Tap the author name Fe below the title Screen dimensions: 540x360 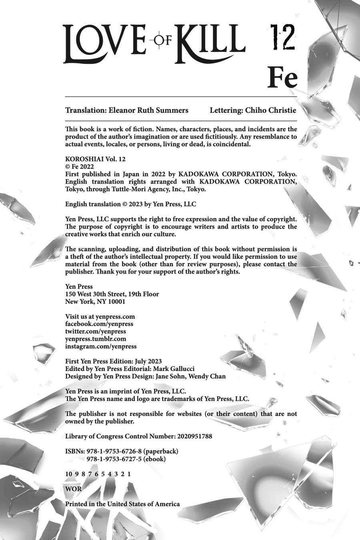pyautogui.click(x=283, y=78)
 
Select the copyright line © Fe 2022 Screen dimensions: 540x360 pyautogui.click(x=79, y=166)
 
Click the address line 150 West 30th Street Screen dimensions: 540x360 pyautogui.click(x=112, y=294)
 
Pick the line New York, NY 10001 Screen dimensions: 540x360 pyautogui.click(x=95, y=302)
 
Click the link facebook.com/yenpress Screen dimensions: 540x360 pyautogui.click(x=99, y=324)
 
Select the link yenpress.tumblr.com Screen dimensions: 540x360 pyautogui.click(x=96, y=339)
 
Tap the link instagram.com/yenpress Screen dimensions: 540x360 pyautogui.click(x=101, y=346)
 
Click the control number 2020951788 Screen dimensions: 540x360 pyautogui.click(x=194, y=436)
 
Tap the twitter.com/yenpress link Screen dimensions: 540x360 pyautogui.click(x=96, y=331)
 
